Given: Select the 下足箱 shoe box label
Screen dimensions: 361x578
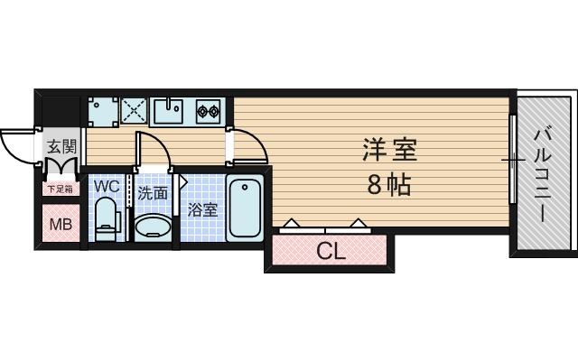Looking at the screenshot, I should pos(61,190).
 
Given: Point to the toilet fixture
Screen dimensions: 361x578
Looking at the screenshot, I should pos(107,220).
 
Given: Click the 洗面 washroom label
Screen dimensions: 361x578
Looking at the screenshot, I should pos(153,192).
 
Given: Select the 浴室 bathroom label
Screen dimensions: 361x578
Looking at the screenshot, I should pos(202,210).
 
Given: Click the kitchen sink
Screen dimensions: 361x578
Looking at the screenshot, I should pos(169,112).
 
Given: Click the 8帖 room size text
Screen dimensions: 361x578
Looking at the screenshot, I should pos(389,185).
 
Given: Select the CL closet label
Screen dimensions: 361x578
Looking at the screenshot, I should pos(331,252).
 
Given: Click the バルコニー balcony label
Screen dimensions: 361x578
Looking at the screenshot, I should pos(542,176).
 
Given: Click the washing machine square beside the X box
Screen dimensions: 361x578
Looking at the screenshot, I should pos(102,111).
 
